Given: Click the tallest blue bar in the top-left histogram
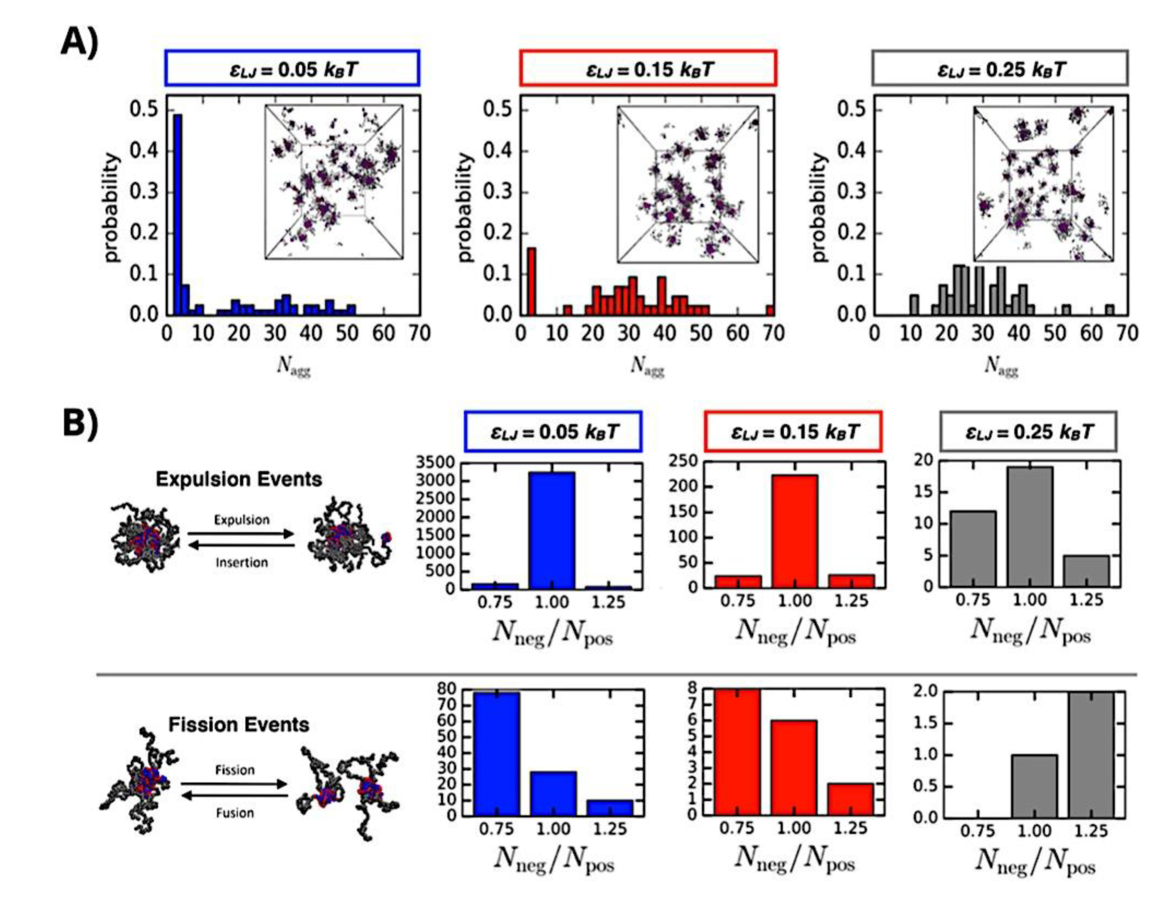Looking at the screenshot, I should tap(178, 213).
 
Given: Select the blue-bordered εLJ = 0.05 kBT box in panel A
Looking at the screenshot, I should tap(292, 68).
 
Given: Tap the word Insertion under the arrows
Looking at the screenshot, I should tap(241, 563).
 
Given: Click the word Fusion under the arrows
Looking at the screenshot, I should tap(235, 813).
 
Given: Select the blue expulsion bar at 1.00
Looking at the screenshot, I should tap(552, 530).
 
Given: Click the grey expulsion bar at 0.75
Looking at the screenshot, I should tap(973, 549).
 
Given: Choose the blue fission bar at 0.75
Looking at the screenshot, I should tap(497, 754).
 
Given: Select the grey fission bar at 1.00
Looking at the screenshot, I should tap(1034, 786).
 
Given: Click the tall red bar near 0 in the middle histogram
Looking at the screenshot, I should tap(531, 281).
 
